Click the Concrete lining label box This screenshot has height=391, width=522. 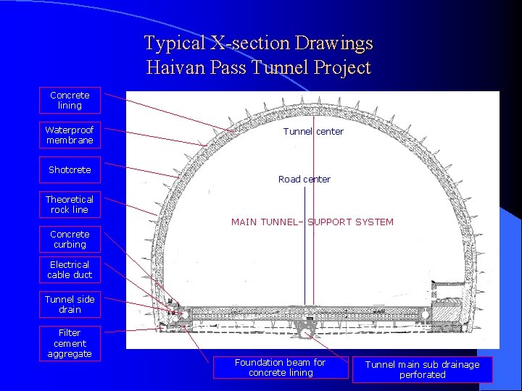pos(70,101)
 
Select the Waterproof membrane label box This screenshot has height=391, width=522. pos(70,135)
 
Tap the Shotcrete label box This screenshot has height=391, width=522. pos(70,170)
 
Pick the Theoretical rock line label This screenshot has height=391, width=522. pos(70,205)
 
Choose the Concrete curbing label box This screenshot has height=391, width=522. pos(70,240)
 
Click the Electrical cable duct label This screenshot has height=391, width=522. pos(70,270)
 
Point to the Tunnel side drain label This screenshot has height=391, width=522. pos(70,305)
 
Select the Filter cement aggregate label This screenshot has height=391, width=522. pos(70,343)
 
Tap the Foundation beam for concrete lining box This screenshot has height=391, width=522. pos(280,368)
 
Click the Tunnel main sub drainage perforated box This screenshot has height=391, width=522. pos(422,370)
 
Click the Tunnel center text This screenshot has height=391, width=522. pos(313,132)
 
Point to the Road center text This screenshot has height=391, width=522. pos(304,180)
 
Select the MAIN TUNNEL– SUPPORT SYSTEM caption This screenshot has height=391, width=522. pos(312,222)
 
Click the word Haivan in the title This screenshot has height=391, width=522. pos(174,69)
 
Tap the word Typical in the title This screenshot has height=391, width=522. pos(174,43)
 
